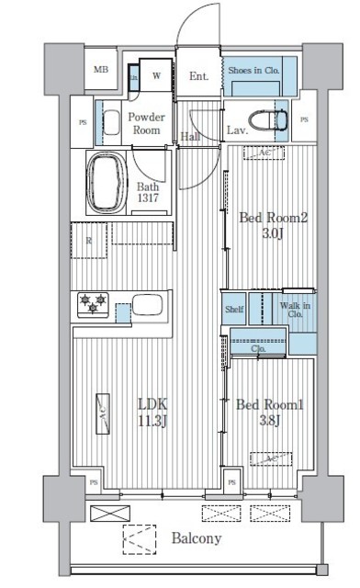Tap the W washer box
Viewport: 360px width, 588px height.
pos(158,76)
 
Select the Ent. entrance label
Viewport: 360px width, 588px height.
pos(199,76)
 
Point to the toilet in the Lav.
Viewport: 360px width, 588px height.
pos(275,119)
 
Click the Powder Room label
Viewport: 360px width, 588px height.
pos(146,123)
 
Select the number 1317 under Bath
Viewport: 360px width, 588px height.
pos(151,198)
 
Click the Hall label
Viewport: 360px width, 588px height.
pos(190,137)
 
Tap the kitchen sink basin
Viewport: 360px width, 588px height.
pos(147,304)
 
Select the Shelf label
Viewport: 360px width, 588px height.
pos(234,310)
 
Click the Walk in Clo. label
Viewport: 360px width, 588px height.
pos(295,310)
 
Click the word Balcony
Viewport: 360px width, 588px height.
pos(194,539)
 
